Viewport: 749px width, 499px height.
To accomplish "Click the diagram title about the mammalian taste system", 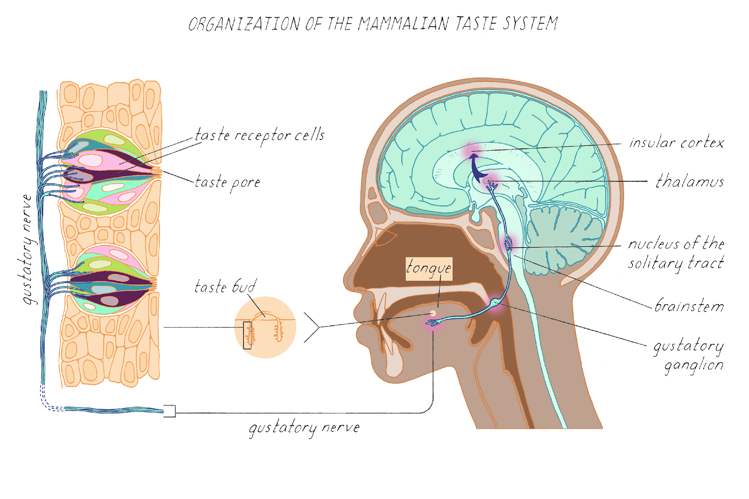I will pyautogui.click(x=373, y=23).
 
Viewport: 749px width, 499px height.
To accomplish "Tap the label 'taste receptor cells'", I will pyautogui.click(x=259, y=135).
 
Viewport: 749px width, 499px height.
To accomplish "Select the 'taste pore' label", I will pyautogui.click(x=228, y=182).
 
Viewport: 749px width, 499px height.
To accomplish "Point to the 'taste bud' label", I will pyautogui.click(x=225, y=286).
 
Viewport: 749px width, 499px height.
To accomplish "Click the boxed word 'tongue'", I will pyautogui.click(x=429, y=269).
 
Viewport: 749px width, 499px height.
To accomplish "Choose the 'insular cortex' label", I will pyautogui.click(x=676, y=143).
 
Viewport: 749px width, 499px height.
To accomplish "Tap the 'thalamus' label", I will pyautogui.click(x=690, y=181).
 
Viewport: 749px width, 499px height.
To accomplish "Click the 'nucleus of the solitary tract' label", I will pyautogui.click(x=676, y=253).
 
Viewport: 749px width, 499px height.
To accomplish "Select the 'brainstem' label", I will pyautogui.click(x=689, y=306).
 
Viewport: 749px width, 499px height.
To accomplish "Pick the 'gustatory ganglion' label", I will pyautogui.click(x=689, y=355).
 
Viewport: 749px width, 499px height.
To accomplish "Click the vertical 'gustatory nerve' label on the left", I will pyautogui.click(x=27, y=249).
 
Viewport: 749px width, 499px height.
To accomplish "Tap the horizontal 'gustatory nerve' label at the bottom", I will pyautogui.click(x=304, y=428).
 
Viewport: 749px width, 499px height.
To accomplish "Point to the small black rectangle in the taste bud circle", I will pyautogui.click(x=247, y=335).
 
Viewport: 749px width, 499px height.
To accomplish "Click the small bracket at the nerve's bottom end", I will pyautogui.click(x=169, y=411).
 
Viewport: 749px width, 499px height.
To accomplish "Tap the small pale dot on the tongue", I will pyautogui.click(x=433, y=313).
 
